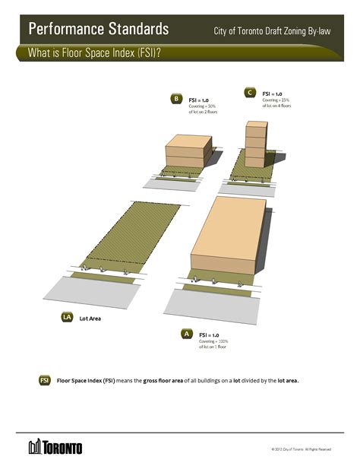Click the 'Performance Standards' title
coord(98,30)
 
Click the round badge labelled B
coord(176,99)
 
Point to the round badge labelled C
coord(249,92)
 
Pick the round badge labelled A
coord(185,334)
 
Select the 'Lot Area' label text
coord(90,319)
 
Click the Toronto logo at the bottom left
coord(55,446)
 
